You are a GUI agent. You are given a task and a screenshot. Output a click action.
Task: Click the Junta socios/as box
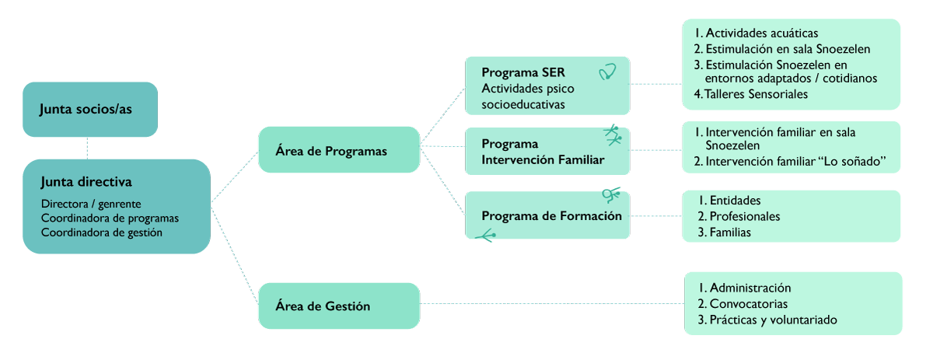(89, 109)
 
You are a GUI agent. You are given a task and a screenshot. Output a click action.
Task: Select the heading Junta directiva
(86, 182)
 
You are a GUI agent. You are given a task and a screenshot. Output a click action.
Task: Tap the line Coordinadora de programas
(110, 218)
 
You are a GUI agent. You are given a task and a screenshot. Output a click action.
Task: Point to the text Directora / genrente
(91, 204)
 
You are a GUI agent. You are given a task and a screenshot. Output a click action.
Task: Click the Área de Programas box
(331, 151)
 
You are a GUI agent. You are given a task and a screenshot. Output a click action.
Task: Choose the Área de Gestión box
(323, 306)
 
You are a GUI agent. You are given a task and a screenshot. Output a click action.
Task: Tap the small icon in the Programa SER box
(607, 72)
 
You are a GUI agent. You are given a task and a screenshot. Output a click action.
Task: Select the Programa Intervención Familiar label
(543, 152)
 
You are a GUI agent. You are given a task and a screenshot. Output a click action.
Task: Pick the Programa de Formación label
(551, 215)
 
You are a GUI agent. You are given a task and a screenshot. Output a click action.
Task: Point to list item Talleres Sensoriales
(757, 94)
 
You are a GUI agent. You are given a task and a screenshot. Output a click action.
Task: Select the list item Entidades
(735, 201)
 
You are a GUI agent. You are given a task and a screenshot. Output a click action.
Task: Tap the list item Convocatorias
(748, 304)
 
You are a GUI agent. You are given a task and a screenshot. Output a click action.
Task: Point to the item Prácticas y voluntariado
(773, 320)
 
